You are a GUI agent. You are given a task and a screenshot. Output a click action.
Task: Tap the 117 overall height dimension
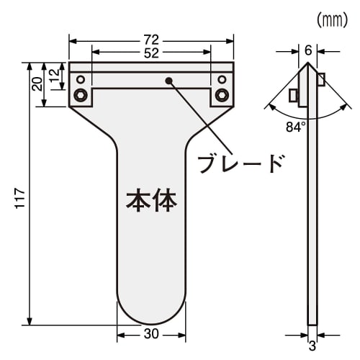click(19, 199)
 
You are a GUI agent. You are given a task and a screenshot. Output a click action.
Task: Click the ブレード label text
click(240, 163)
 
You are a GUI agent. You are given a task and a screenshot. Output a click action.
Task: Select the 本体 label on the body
click(151, 199)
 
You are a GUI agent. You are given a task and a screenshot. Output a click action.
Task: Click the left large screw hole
click(81, 95)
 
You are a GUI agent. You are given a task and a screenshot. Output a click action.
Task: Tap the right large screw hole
click(222, 95)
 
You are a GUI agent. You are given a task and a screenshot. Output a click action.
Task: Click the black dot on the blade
click(170, 80)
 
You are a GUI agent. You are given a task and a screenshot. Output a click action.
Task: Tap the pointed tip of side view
click(308, 64)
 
